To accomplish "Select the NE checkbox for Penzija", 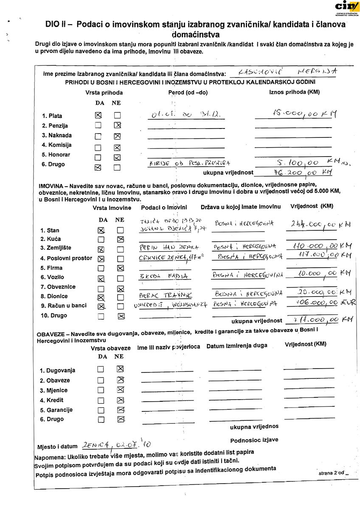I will (x=117, y=125).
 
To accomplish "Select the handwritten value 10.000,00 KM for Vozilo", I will (x=315, y=274).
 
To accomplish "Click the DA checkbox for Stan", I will (x=101, y=230).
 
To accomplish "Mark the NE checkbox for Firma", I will (x=121, y=268).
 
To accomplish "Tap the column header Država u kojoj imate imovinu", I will (x=241, y=207).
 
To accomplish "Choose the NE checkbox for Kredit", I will (x=121, y=400).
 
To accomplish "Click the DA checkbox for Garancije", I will (x=100, y=410).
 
